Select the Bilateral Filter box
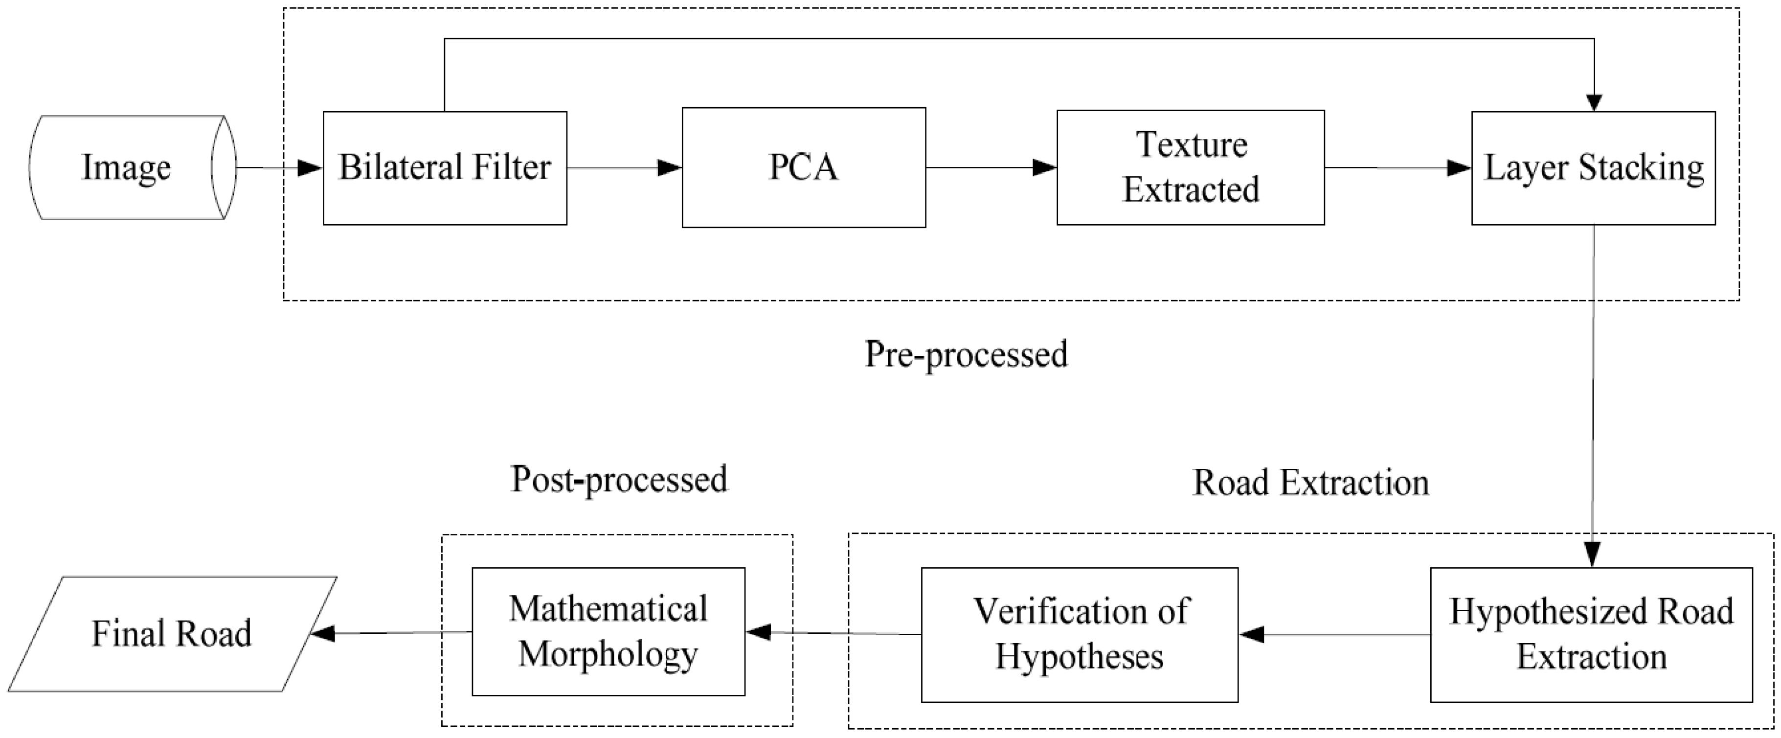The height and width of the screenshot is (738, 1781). tap(445, 167)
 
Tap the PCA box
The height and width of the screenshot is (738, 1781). tap(803, 167)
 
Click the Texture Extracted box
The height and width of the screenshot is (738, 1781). tap(1190, 167)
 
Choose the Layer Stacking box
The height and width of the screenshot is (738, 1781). tap(1593, 167)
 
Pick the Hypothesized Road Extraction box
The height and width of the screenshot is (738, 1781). tap(1591, 634)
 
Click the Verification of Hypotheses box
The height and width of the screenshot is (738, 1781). tap(1079, 634)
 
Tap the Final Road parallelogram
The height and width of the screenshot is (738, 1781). tap(172, 634)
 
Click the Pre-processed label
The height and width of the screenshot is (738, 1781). tap(966, 355)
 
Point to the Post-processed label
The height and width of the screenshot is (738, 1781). tap(619, 479)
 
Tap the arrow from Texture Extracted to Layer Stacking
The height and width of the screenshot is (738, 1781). tap(1397, 167)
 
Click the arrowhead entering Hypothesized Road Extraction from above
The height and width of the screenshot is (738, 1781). tap(1592, 554)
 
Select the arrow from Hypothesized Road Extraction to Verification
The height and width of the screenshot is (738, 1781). tap(1334, 634)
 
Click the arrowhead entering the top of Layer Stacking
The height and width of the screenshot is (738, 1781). tap(1594, 102)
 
